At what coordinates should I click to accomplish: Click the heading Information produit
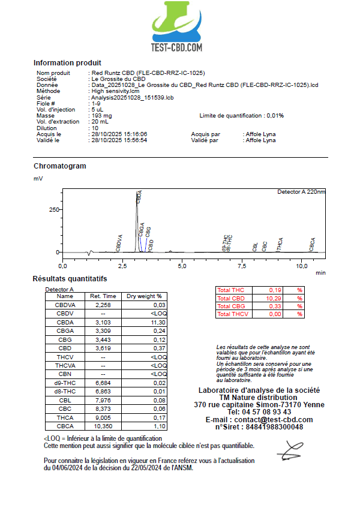(x=67, y=63)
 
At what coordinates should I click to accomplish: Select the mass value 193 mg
(x=101, y=116)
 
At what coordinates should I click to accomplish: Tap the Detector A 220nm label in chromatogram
(x=301, y=192)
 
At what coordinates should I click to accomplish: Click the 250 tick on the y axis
(x=55, y=210)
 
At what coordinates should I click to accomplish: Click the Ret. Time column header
(x=103, y=296)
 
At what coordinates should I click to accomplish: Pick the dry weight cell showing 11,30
(x=155, y=322)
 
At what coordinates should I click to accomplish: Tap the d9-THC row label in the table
(x=65, y=383)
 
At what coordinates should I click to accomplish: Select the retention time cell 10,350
(x=103, y=426)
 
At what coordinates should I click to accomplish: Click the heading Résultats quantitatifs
(x=70, y=279)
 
